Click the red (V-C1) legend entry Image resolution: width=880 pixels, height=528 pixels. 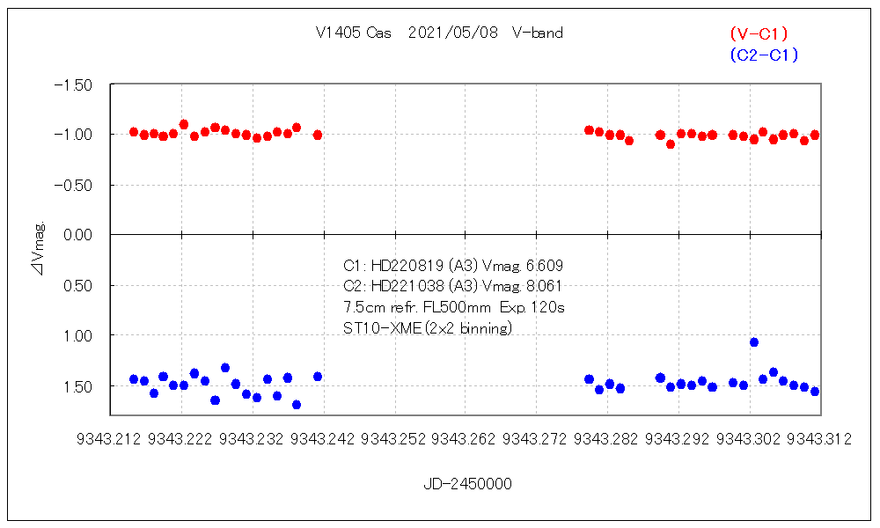(759, 34)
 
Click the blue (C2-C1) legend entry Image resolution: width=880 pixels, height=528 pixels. (763, 55)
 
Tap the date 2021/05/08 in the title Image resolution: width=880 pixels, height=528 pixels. (453, 33)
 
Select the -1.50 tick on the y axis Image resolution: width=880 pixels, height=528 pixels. (74, 84)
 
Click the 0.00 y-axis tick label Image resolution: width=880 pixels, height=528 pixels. (79, 235)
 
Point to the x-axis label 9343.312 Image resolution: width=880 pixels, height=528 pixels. (819, 439)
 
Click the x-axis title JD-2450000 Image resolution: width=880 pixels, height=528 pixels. (467, 484)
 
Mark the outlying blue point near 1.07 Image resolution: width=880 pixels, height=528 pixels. (754, 342)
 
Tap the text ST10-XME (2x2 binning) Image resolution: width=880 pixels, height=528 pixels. (428, 328)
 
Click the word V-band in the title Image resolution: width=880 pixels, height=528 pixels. (537, 33)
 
